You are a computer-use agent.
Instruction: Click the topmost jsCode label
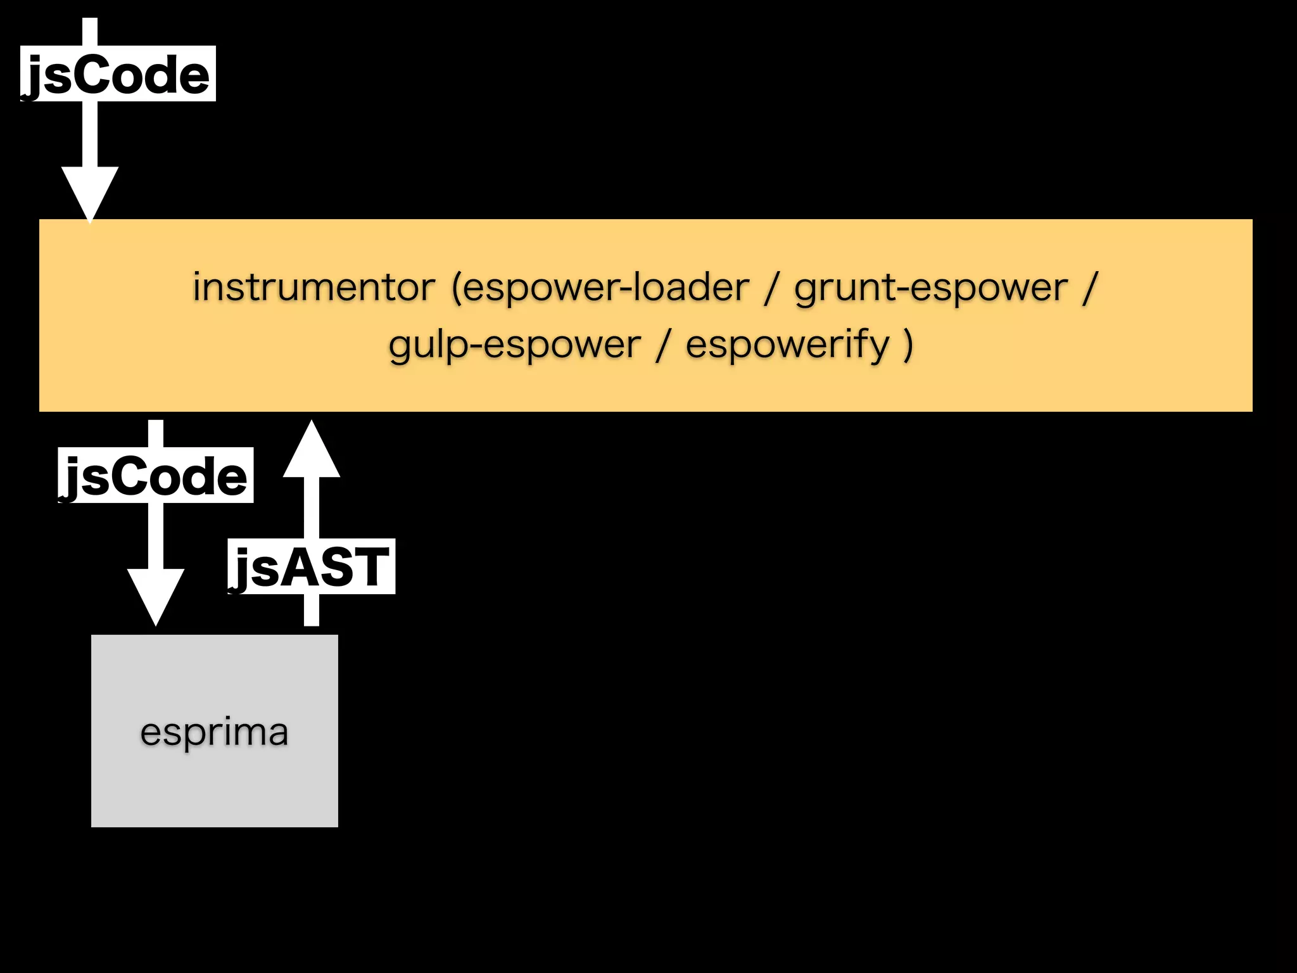click(118, 74)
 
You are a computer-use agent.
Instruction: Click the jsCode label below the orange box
click(155, 476)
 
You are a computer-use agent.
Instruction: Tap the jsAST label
click(311, 566)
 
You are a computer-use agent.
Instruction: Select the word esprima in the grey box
click(214, 732)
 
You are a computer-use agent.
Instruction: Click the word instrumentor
click(314, 287)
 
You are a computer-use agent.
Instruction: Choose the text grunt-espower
click(931, 288)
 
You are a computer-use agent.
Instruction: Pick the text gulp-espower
click(515, 345)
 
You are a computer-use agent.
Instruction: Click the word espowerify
click(788, 345)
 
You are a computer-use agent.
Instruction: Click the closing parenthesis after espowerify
click(908, 345)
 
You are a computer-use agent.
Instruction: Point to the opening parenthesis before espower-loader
click(457, 288)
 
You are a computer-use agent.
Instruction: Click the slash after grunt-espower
click(1089, 288)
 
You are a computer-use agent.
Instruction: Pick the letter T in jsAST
click(367, 567)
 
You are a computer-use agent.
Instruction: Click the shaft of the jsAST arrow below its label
click(311, 609)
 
